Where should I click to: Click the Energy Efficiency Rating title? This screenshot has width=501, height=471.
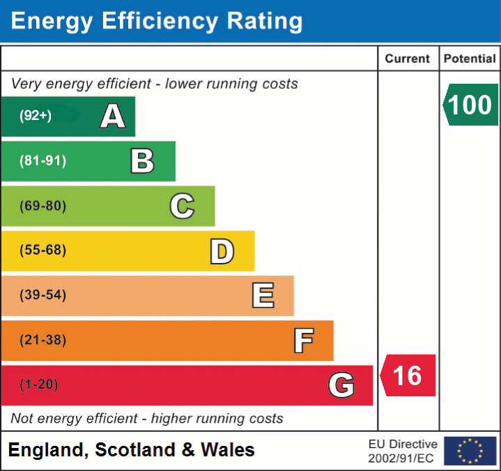[157, 22]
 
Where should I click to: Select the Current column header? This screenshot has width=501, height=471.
[408, 59]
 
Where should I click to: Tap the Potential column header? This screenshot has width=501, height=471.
[470, 59]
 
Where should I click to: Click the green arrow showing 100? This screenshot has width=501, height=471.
[470, 105]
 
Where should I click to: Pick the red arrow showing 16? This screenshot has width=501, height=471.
[408, 375]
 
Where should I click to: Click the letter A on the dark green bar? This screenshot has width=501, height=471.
[112, 117]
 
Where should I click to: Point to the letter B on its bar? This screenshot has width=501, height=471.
[142, 161]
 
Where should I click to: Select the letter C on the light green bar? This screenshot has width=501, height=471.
[182, 206]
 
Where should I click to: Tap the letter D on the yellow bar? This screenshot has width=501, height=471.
[222, 251]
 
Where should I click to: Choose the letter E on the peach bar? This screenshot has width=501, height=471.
[263, 296]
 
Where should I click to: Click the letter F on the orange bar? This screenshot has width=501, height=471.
[303, 341]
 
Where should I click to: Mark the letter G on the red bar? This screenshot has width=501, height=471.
[341, 385]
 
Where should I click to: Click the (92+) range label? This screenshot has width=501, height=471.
[36, 116]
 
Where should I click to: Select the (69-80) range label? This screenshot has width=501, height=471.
[43, 206]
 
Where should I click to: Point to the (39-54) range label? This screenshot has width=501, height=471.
[43, 295]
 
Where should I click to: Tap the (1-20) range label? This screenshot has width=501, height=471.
[39, 384]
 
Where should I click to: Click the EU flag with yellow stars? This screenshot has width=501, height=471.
[470, 451]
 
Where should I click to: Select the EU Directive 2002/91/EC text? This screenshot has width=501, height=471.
[403, 451]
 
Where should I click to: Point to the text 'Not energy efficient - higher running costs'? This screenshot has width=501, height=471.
[147, 419]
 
